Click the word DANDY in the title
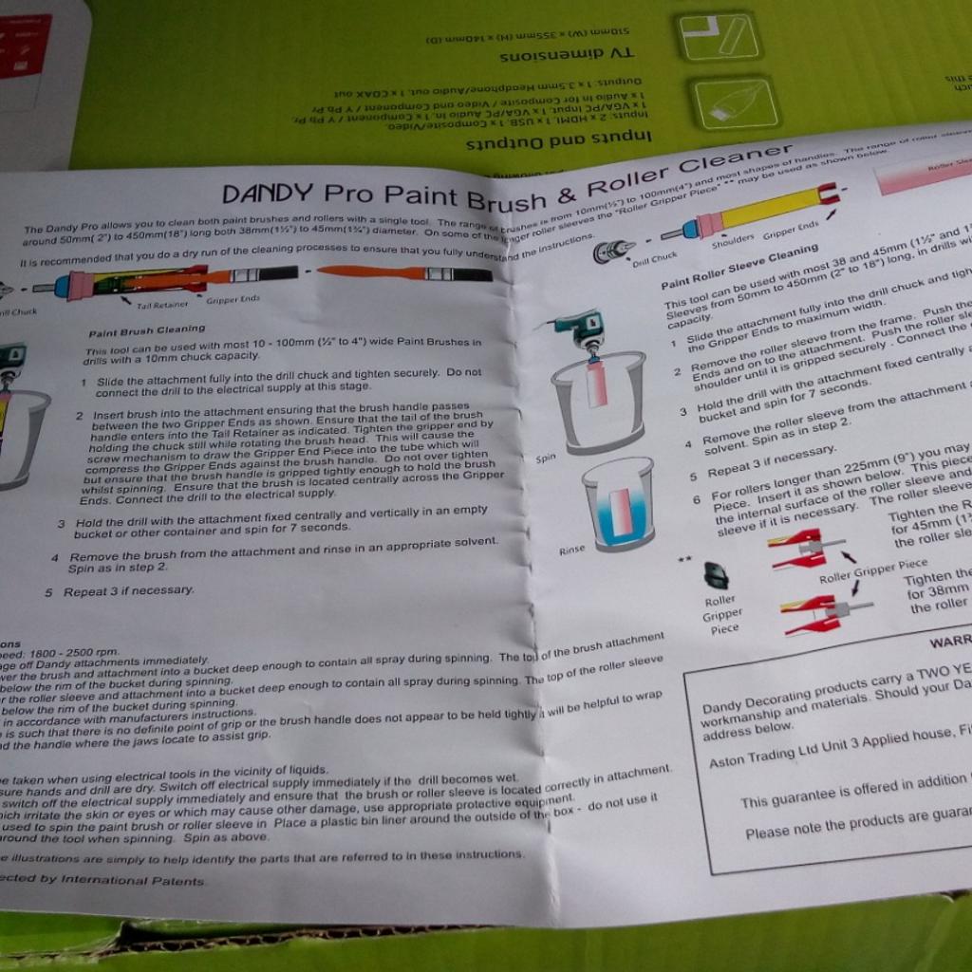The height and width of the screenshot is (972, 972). (268, 193)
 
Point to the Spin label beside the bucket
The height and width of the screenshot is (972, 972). (546, 458)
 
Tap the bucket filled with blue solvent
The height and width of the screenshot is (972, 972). (618, 505)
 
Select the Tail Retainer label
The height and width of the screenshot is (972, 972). (159, 305)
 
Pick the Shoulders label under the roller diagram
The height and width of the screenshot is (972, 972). (732, 239)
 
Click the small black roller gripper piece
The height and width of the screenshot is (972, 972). (716, 574)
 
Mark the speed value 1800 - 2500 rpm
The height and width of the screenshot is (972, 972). (60, 652)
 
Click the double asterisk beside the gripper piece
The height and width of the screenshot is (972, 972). (685, 559)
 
